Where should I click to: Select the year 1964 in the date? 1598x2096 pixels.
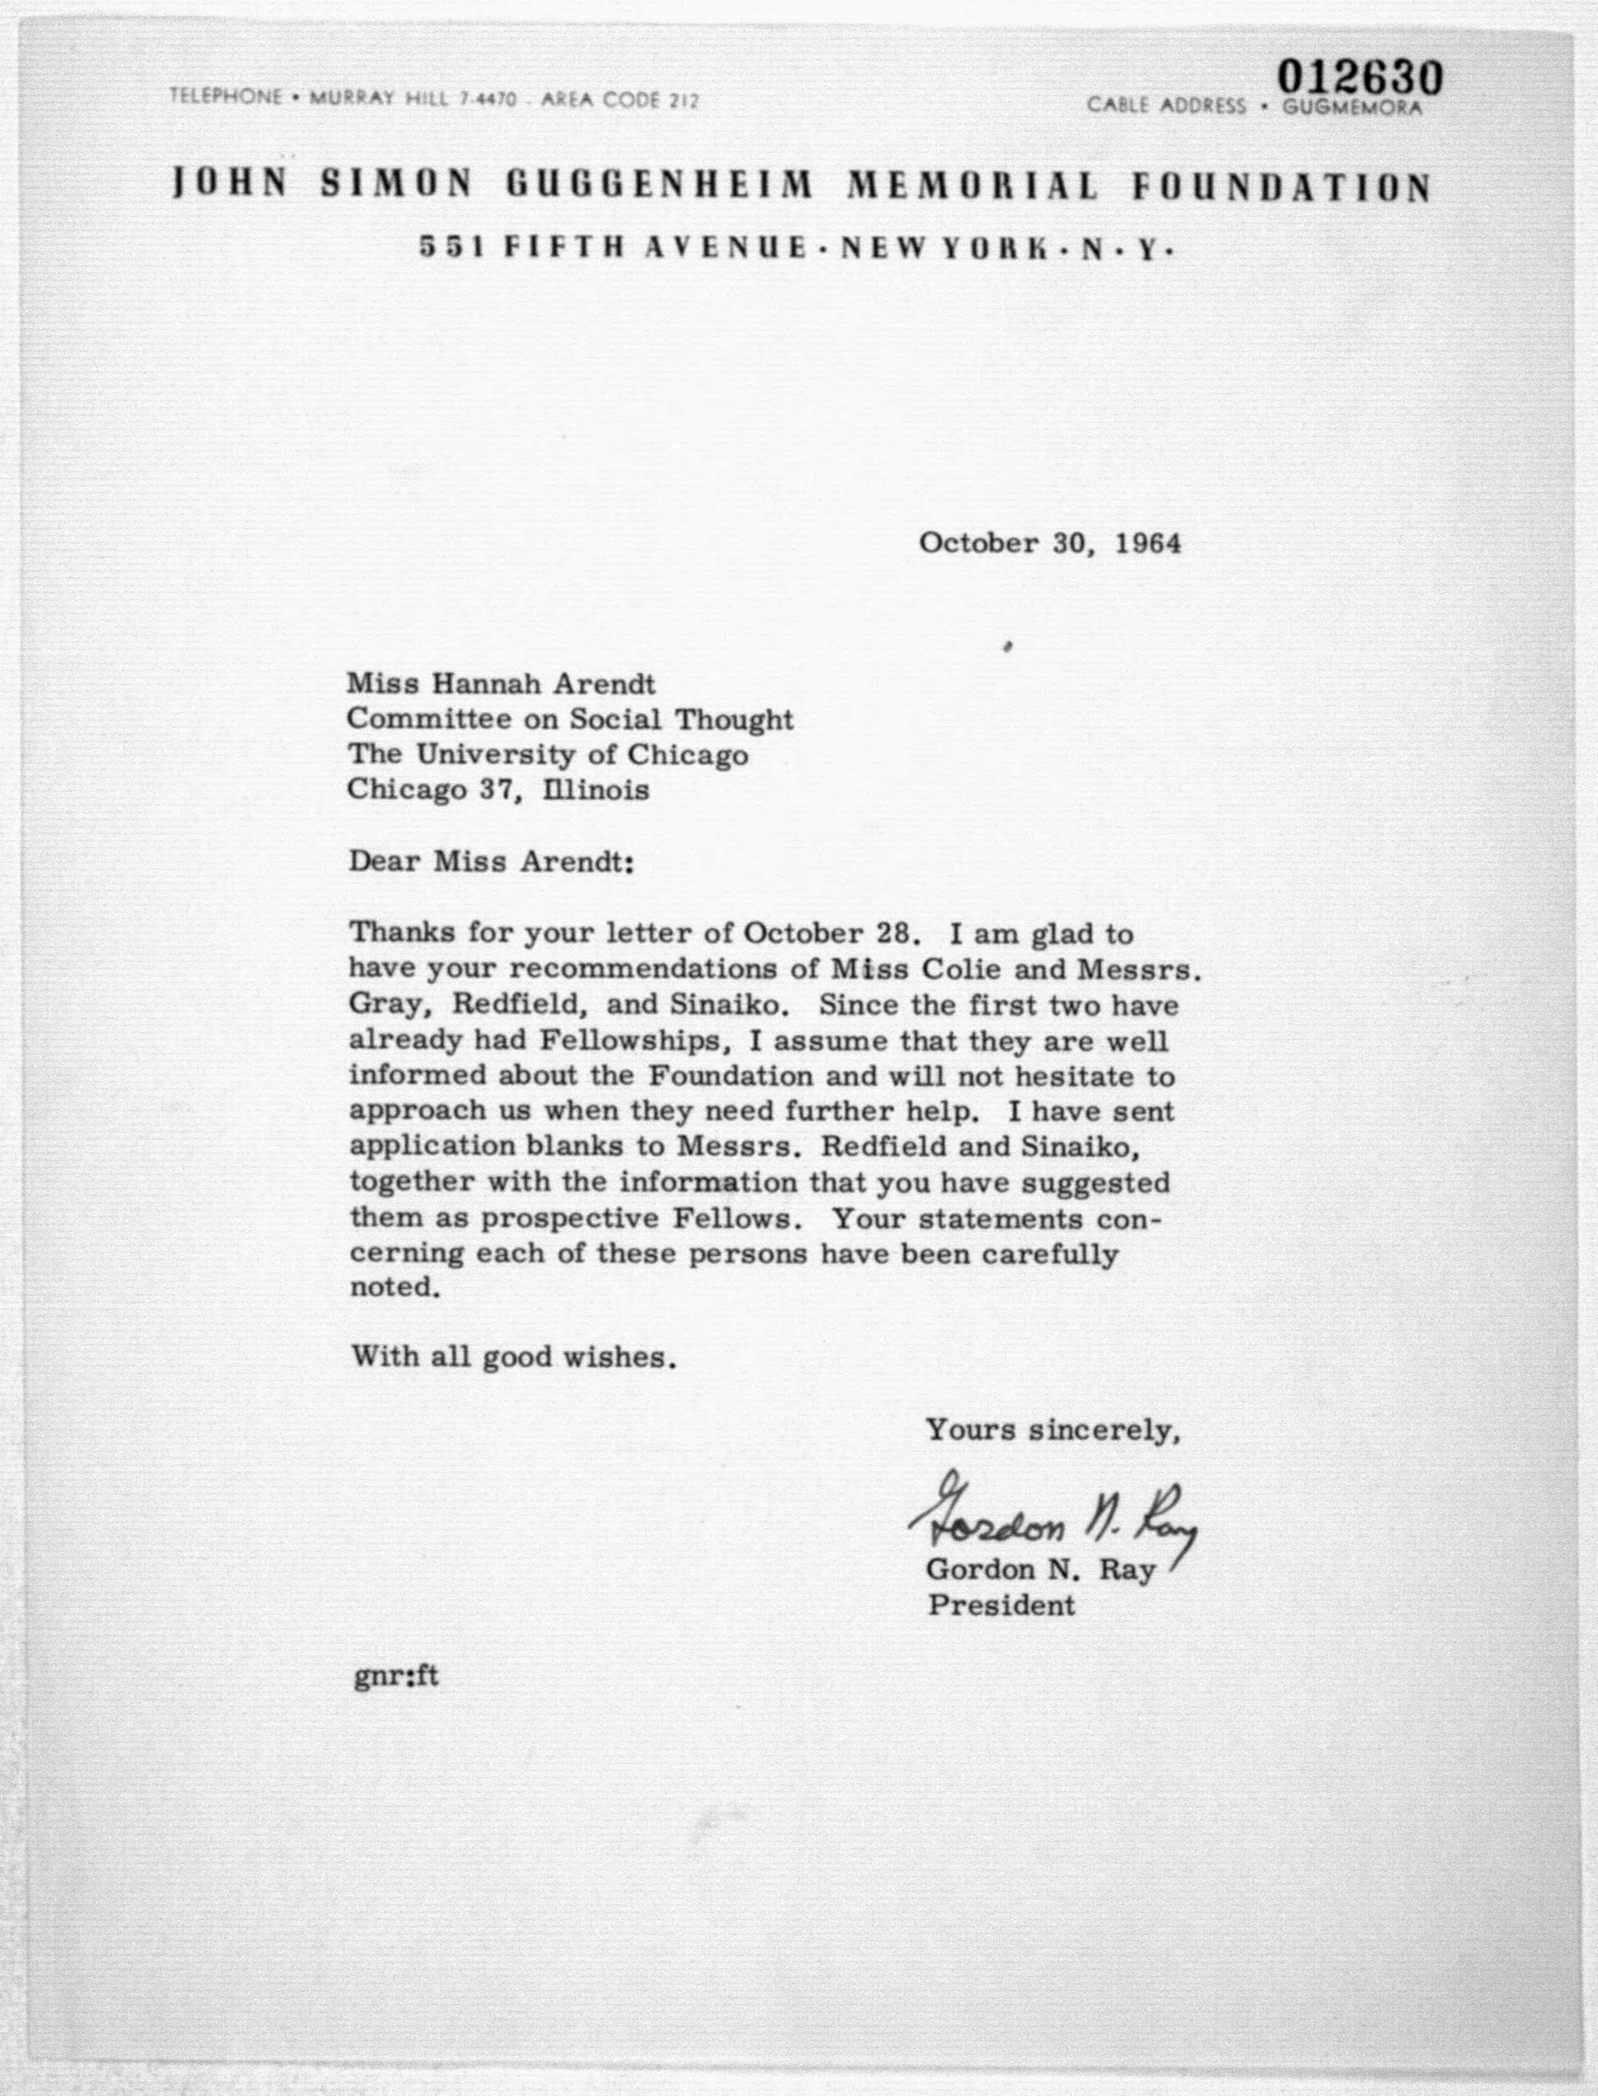tap(1148, 543)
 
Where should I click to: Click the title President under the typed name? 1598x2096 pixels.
tap(1000, 1606)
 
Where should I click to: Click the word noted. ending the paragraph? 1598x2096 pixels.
tap(394, 1288)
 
